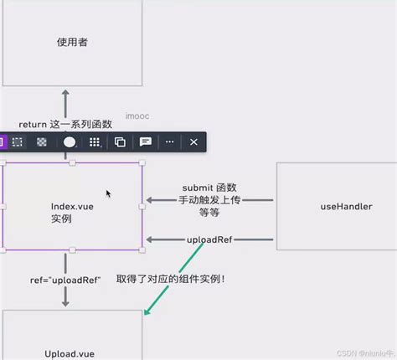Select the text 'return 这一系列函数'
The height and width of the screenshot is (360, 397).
click(x=65, y=124)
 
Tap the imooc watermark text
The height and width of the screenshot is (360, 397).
click(x=137, y=116)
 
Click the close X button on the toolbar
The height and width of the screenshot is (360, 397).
click(x=193, y=142)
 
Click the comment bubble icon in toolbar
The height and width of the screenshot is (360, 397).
click(x=145, y=142)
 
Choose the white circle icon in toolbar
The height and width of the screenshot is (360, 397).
click(x=70, y=142)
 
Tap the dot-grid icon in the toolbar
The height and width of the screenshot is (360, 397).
click(x=95, y=142)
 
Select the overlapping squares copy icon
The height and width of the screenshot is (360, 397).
click(x=120, y=142)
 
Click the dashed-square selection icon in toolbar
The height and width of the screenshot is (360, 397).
click(x=17, y=142)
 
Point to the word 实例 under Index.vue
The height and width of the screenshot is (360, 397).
click(x=61, y=219)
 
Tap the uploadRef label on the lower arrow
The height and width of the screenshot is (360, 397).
click(x=210, y=239)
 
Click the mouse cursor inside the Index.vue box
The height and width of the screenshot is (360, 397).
click(x=109, y=193)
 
